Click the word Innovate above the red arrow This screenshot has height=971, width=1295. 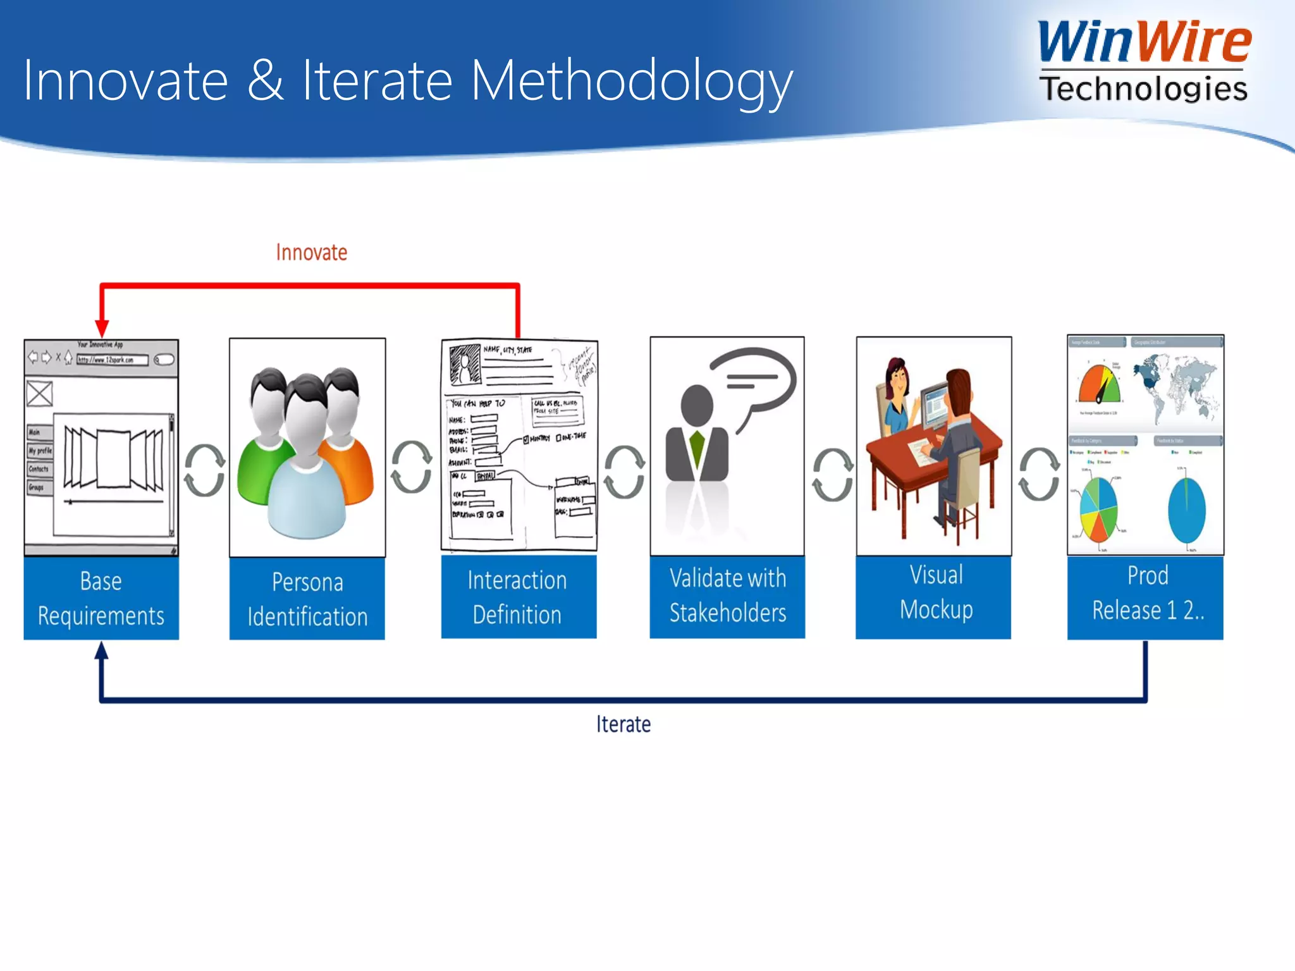[311, 252]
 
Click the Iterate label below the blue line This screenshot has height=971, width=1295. [623, 724]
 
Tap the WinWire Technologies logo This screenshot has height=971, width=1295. [1144, 61]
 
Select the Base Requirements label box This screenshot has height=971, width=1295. [101, 598]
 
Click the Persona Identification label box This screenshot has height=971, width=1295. [307, 599]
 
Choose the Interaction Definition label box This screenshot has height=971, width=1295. [518, 597]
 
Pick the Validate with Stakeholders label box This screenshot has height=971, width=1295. [727, 596]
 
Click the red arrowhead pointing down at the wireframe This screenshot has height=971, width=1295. [102, 328]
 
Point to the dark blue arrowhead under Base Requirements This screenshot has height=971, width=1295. [101, 650]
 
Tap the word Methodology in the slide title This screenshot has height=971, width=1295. [632, 81]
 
